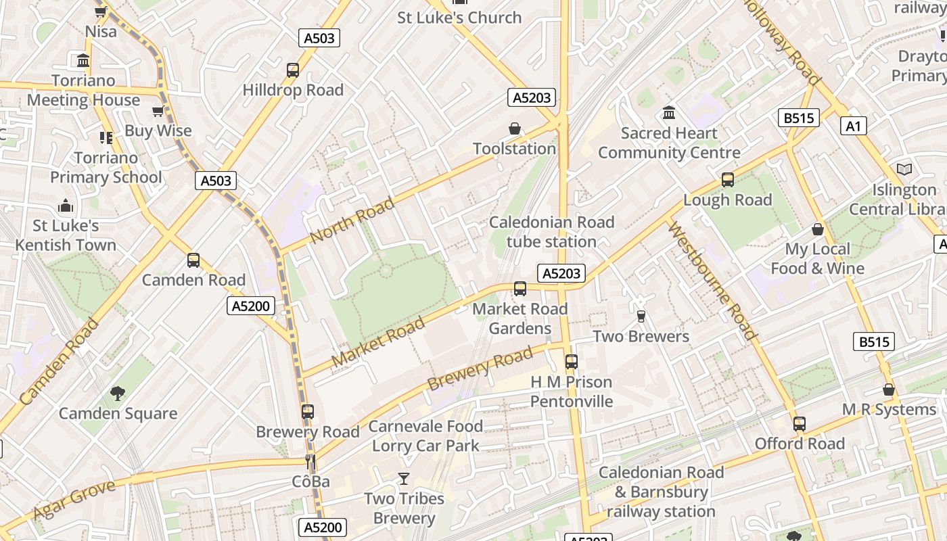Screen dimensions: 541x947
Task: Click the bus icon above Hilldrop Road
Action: pos(293,70)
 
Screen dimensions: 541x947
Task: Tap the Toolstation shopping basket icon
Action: pos(515,128)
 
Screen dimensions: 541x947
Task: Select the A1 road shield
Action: pos(854,126)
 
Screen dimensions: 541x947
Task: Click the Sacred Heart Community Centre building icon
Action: pos(669,112)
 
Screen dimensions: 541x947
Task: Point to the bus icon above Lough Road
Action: pos(728,180)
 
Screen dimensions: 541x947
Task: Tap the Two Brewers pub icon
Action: pos(641,316)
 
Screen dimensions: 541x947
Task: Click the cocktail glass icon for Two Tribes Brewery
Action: pos(404,479)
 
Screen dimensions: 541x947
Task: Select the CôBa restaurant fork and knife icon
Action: pos(310,462)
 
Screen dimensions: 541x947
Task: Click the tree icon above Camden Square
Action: pos(118,393)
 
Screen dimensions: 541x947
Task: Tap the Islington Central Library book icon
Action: pos(904,170)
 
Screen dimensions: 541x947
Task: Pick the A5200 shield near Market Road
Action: pos(251,306)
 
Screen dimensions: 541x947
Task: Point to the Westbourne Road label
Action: pos(712,280)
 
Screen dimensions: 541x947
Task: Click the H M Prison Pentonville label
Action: pos(572,392)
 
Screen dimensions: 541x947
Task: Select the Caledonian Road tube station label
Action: pos(551,232)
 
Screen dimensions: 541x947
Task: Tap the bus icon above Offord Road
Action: pos(800,424)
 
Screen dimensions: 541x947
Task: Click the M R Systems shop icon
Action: pos(889,390)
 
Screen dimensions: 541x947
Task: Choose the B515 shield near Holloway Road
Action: pos(799,118)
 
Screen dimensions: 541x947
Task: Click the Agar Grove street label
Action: pos(74,500)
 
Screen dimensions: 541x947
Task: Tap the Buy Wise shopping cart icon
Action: pos(158,111)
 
